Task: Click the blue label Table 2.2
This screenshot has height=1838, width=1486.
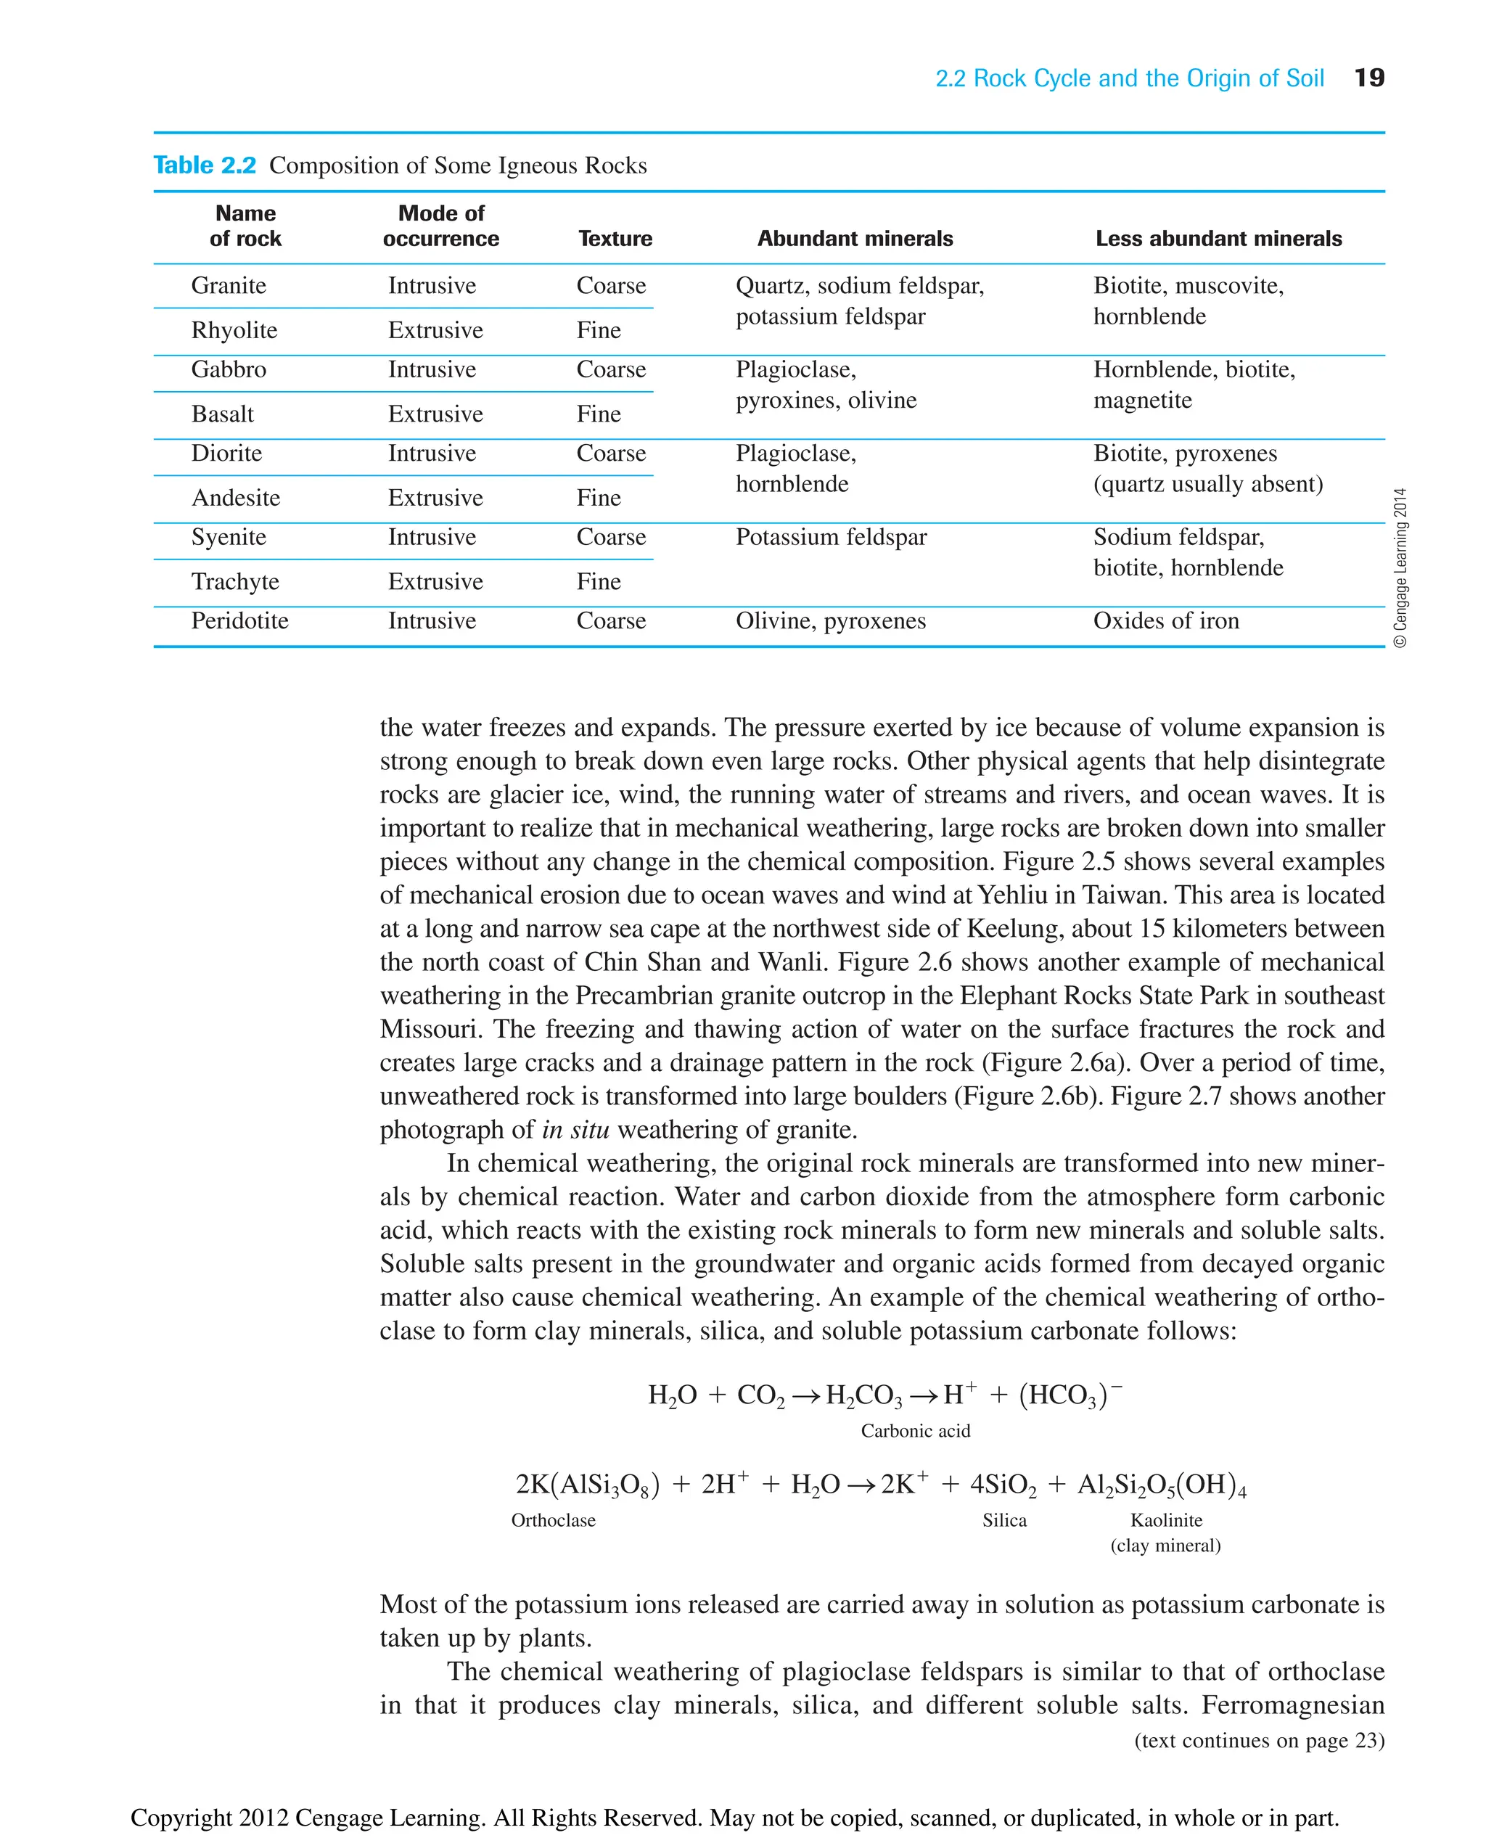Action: click(x=205, y=165)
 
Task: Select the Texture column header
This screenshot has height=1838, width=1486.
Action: click(x=615, y=239)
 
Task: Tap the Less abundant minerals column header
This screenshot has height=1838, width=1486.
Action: click(x=1218, y=239)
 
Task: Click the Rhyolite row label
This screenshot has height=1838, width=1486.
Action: click(x=234, y=330)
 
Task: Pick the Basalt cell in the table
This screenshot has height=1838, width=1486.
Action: click(x=223, y=414)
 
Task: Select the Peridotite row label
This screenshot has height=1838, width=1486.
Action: click(x=239, y=620)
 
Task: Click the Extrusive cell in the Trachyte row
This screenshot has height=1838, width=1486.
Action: click(x=435, y=582)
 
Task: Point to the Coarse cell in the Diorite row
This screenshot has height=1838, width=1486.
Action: click(x=610, y=453)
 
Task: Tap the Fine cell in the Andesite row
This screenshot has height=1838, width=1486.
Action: click(x=599, y=499)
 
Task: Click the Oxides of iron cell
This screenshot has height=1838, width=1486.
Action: click(x=1166, y=620)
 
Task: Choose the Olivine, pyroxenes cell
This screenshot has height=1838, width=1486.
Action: click(x=830, y=620)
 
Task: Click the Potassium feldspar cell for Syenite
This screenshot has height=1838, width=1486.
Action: click(x=830, y=538)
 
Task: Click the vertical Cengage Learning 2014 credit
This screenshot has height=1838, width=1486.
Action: click(x=1400, y=567)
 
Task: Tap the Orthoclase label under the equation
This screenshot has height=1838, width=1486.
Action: click(x=553, y=1520)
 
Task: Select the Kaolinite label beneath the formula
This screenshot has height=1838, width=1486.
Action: click(x=1166, y=1520)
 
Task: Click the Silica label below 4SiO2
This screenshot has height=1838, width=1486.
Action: click(x=1004, y=1520)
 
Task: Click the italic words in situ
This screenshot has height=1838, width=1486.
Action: click(x=575, y=1130)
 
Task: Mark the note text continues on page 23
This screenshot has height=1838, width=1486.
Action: click(x=1258, y=1741)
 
